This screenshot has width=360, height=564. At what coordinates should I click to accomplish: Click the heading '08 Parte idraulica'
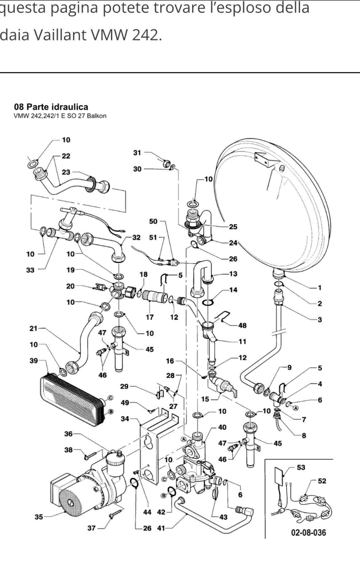click(51, 107)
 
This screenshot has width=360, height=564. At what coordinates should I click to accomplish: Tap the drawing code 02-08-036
click(308, 532)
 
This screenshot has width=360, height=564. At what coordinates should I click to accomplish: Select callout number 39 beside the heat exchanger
click(34, 360)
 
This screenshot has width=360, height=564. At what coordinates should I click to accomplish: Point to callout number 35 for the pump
click(38, 517)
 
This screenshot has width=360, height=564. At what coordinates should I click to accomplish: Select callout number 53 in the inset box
click(301, 467)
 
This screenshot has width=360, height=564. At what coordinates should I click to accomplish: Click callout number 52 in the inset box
click(322, 481)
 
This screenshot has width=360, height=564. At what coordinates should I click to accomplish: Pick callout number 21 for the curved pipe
click(33, 328)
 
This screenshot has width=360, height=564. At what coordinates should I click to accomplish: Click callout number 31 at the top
click(137, 153)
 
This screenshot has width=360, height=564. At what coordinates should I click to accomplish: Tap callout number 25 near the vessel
click(233, 227)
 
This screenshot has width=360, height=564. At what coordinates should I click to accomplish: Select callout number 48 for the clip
click(242, 325)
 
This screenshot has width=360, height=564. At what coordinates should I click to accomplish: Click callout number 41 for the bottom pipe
click(161, 528)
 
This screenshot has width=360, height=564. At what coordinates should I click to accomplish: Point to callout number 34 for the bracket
click(125, 419)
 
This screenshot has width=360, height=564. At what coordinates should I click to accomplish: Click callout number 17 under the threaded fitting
click(150, 317)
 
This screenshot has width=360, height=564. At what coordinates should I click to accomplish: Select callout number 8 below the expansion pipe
click(304, 435)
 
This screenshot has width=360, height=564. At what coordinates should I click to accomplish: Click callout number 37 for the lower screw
click(91, 528)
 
